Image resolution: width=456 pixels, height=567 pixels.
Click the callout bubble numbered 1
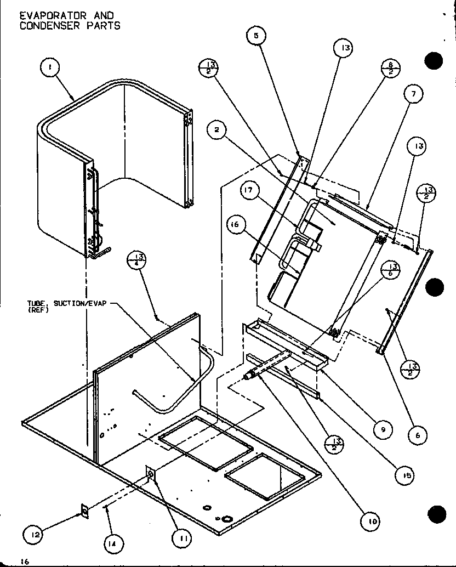(x=50, y=69)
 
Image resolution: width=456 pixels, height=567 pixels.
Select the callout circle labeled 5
(x=255, y=36)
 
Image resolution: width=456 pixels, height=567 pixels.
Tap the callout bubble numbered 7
(x=413, y=94)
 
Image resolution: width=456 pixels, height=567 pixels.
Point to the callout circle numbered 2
(x=218, y=130)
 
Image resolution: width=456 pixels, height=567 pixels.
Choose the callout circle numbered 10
(x=372, y=521)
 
